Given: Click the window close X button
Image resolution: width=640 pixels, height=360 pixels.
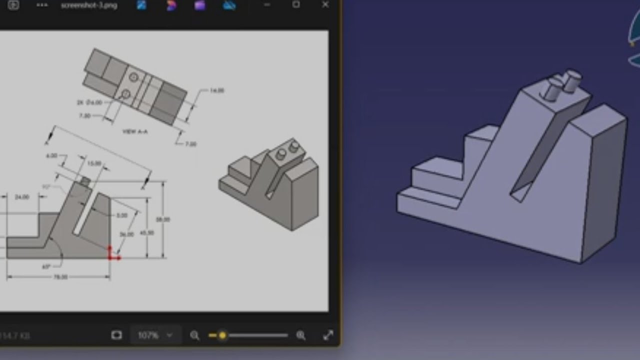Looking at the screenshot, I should click(x=325, y=5).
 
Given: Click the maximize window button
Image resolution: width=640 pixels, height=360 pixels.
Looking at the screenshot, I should click(x=296, y=5).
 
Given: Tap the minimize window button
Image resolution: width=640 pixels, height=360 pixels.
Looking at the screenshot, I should click(x=267, y=5).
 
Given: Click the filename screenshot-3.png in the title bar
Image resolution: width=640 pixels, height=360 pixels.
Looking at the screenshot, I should click(x=89, y=6).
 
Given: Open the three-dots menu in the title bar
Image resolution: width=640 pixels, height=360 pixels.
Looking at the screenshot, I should click(x=42, y=5).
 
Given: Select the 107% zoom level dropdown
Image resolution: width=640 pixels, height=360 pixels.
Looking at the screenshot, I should click(x=155, y=335).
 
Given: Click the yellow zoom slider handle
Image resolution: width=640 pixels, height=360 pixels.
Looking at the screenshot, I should click(x=222, y=335).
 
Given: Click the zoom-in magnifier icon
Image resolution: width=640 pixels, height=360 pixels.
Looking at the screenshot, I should click(x=301, y=335).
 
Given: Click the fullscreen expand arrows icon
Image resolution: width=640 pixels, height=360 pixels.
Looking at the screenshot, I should click(x=328, y=335).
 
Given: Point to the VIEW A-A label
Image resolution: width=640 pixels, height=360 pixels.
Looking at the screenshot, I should click(x=135, y=131).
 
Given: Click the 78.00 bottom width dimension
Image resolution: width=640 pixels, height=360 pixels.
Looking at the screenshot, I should click(x=60, y=277).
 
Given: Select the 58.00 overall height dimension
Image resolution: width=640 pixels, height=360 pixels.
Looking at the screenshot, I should click(x=163, y=219).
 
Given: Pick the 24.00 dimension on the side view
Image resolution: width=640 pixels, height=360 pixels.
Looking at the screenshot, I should click(x=22, y=197).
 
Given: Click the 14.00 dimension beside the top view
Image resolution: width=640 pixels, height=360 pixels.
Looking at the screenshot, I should click(x=217, y=90).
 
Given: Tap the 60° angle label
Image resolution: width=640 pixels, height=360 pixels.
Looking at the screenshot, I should click(x=46, y=266).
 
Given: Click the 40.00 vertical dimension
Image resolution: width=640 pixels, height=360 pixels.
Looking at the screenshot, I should click(x=147, y=232).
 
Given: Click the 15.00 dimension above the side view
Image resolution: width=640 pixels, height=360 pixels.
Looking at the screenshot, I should click(x=94, y=163).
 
